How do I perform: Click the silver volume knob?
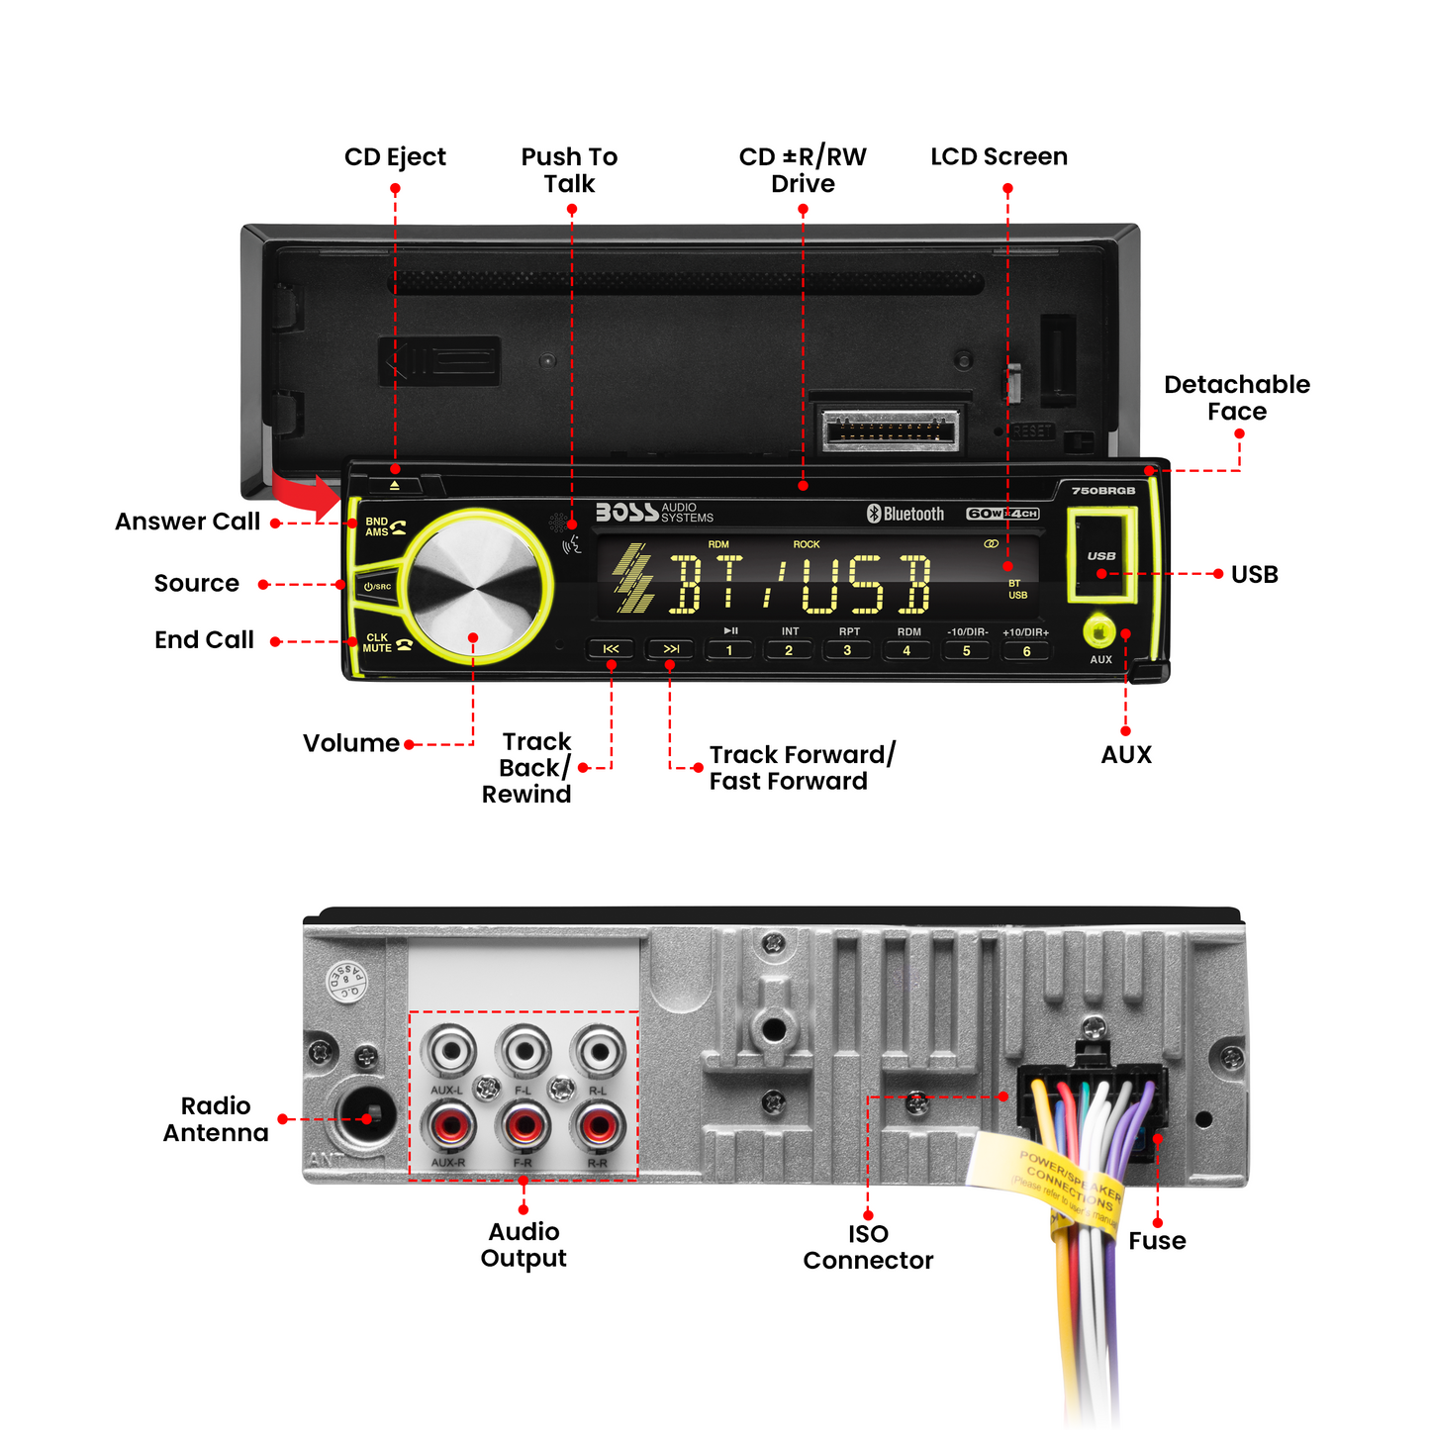point(476,588)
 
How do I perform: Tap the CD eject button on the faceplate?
point(395,485)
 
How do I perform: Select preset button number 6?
point(1026,651)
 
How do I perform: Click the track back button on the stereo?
point(612,649)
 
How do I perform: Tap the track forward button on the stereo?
point(670,649)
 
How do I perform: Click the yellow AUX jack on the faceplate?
point(1099,631)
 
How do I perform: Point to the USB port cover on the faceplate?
point(1100,556)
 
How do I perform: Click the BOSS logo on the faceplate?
point(626,512)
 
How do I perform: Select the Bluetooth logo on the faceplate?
point(906,514)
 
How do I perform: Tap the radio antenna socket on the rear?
point(365,1117)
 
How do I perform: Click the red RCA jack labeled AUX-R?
point(448,1126)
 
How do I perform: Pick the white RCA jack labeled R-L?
point(598,1052)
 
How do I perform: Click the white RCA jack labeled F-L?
point(524,1052)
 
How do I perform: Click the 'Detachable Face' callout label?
point(1236,398)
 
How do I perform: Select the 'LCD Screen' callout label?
point(999,156)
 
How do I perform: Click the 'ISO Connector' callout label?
point(868,1247)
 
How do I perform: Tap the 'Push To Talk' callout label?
point(569,170)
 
